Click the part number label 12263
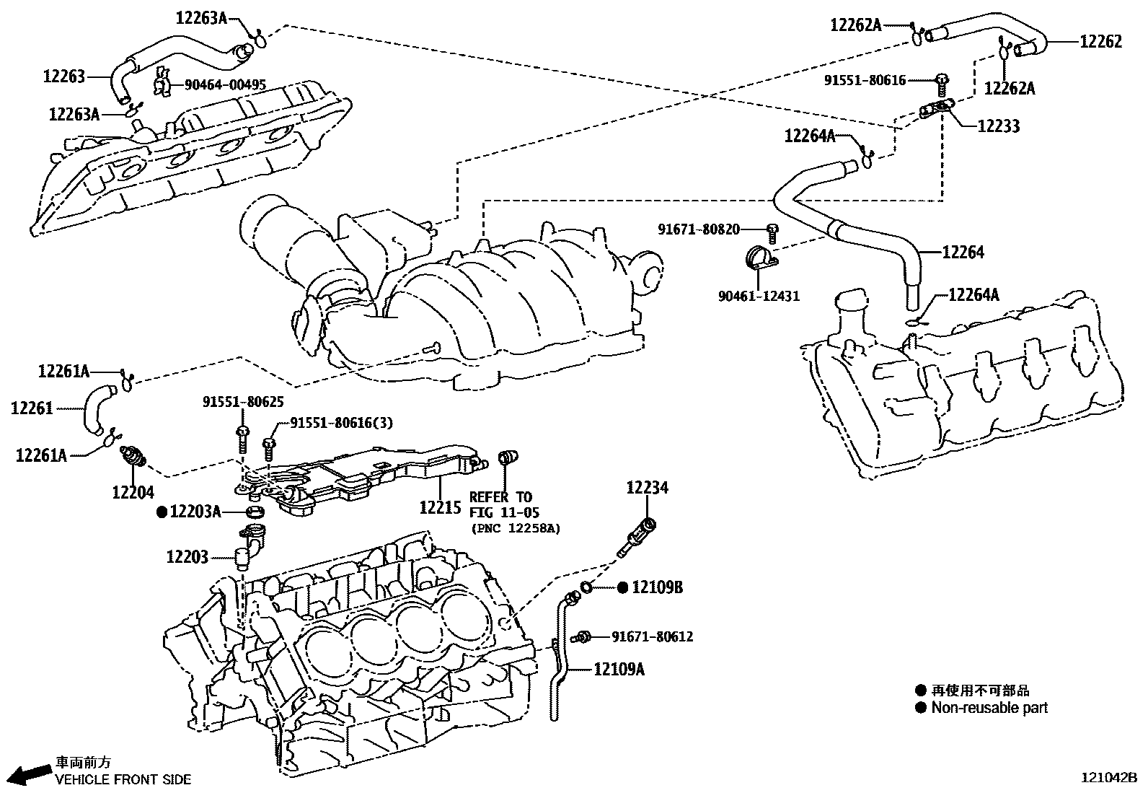[64, 76]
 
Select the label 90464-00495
[225, 85]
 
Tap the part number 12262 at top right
[1100, 42]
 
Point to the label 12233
[999, 126]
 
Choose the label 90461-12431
[759, 296]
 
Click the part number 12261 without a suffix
[32, 408]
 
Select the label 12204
[133, 492]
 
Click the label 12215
[440, 507]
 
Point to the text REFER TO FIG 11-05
[500, 504]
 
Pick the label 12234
[647, 488]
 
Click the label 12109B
[657, 587]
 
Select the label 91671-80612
[652, 636]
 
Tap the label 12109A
[619, 670]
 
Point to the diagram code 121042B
[1108, 778]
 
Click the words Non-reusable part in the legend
[989, 708]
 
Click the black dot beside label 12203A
[162, 512]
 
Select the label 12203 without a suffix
[187, 557]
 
